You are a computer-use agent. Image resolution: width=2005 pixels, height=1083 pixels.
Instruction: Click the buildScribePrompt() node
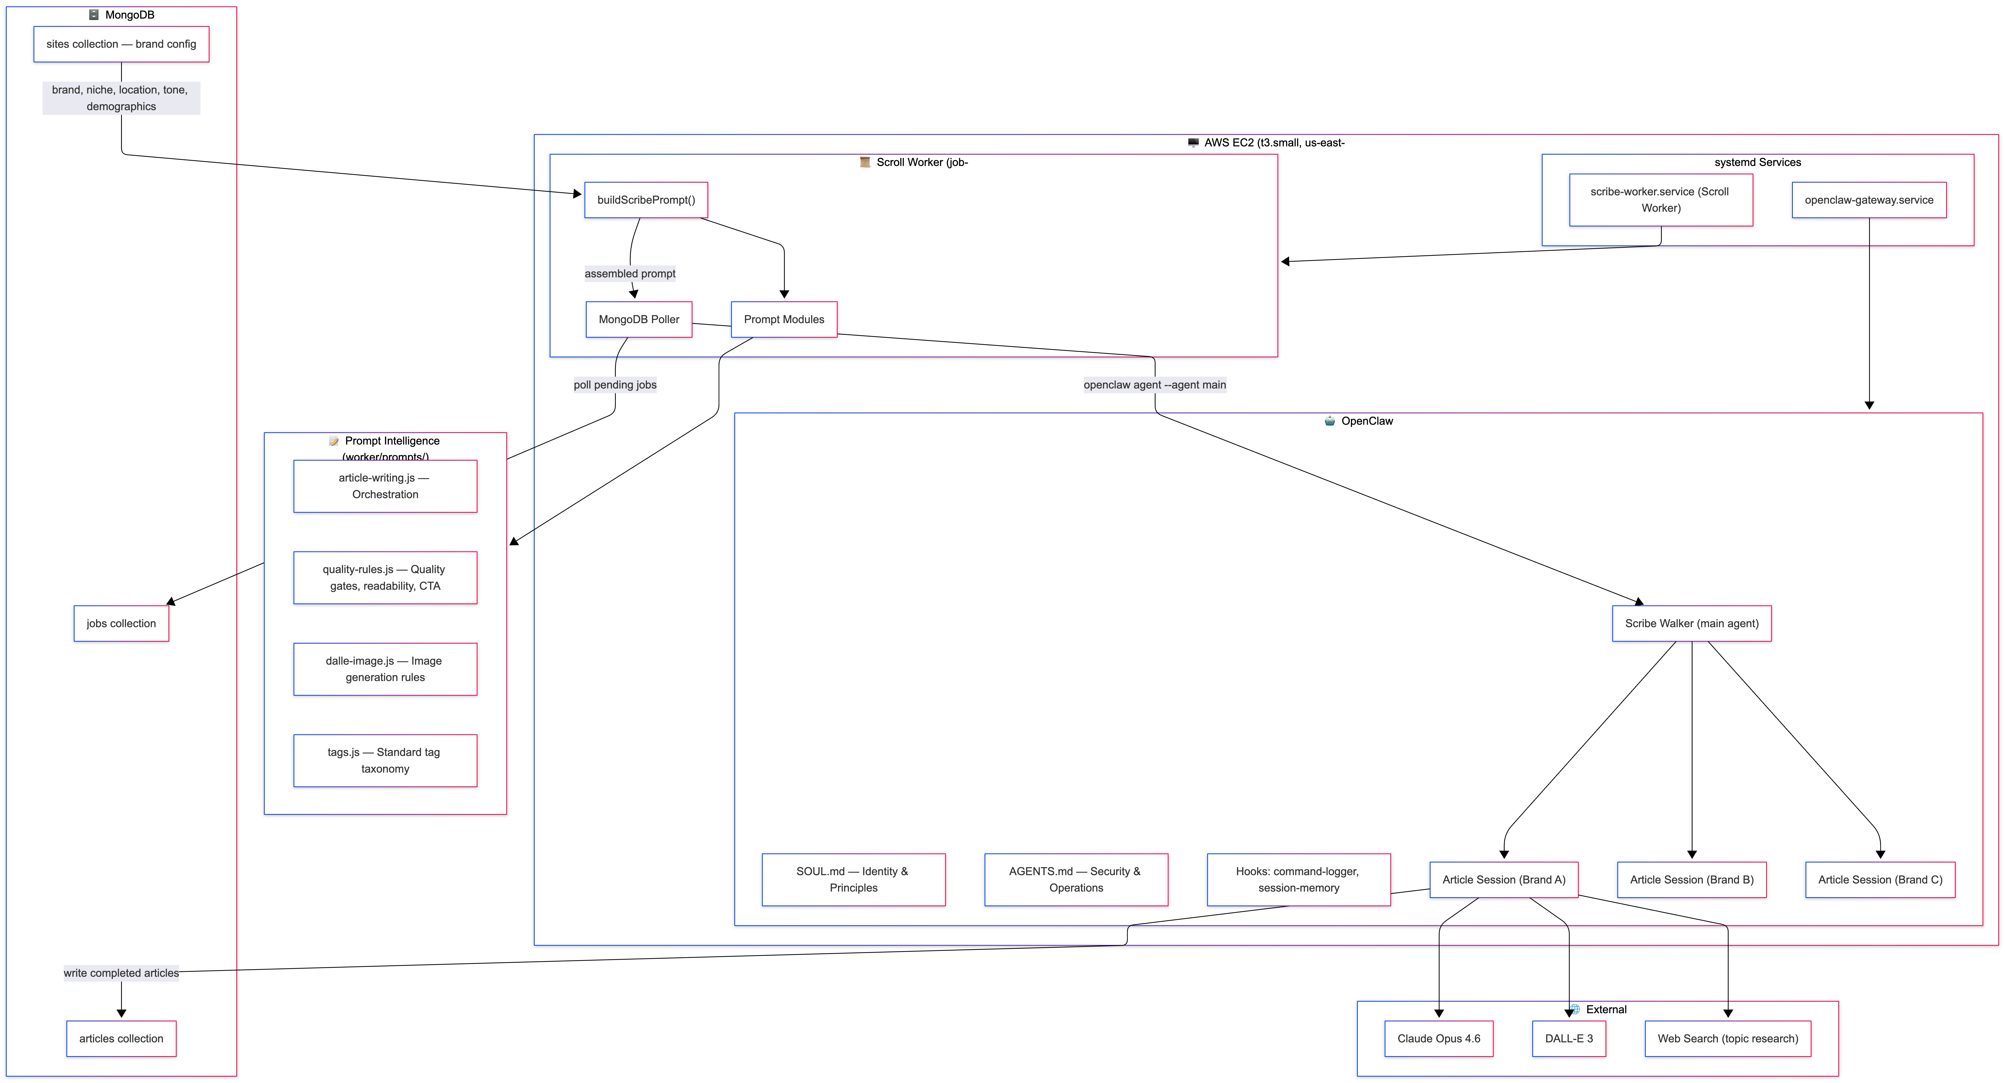[x=646, y=200]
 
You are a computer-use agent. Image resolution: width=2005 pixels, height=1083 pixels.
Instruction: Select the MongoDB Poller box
[x=638, y=319]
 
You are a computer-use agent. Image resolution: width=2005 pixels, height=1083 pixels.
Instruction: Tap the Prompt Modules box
[x=784, y=319]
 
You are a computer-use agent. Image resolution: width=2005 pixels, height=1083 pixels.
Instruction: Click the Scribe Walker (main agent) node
[x=1691, y=624]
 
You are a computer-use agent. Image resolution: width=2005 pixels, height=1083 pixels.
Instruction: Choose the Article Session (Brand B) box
[x=1691, y=880]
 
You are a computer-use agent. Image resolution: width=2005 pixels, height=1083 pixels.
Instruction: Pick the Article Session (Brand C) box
[x=1880, y=880]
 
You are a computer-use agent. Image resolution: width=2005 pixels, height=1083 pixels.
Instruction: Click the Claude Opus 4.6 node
[x=1438, y=1039]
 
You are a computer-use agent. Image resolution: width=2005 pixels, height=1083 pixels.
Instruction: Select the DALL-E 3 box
[x=1568, y=1039]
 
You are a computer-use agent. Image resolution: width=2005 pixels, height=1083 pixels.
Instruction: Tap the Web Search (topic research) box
[x=1727, y=1039]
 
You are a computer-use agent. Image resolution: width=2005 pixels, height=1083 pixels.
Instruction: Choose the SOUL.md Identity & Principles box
[x=853, y=880]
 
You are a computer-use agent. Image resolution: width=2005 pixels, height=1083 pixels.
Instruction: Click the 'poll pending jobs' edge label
[x=615, y=385]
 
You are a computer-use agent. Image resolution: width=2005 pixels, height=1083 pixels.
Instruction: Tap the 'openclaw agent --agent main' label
[x=1154, y=385]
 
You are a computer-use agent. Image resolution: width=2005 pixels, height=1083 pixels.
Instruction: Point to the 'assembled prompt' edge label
[x=630, y=273]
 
